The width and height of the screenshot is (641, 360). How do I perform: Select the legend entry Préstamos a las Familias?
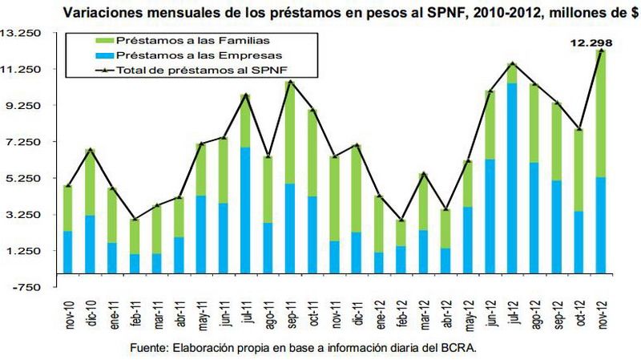168,41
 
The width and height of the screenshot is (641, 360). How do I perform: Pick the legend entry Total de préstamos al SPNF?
176,71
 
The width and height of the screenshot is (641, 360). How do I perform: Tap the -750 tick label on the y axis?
29,287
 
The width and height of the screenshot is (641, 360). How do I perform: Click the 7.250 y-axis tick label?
26,142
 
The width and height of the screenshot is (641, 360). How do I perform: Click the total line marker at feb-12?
401,220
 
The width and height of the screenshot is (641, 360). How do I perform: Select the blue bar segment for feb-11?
135,264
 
